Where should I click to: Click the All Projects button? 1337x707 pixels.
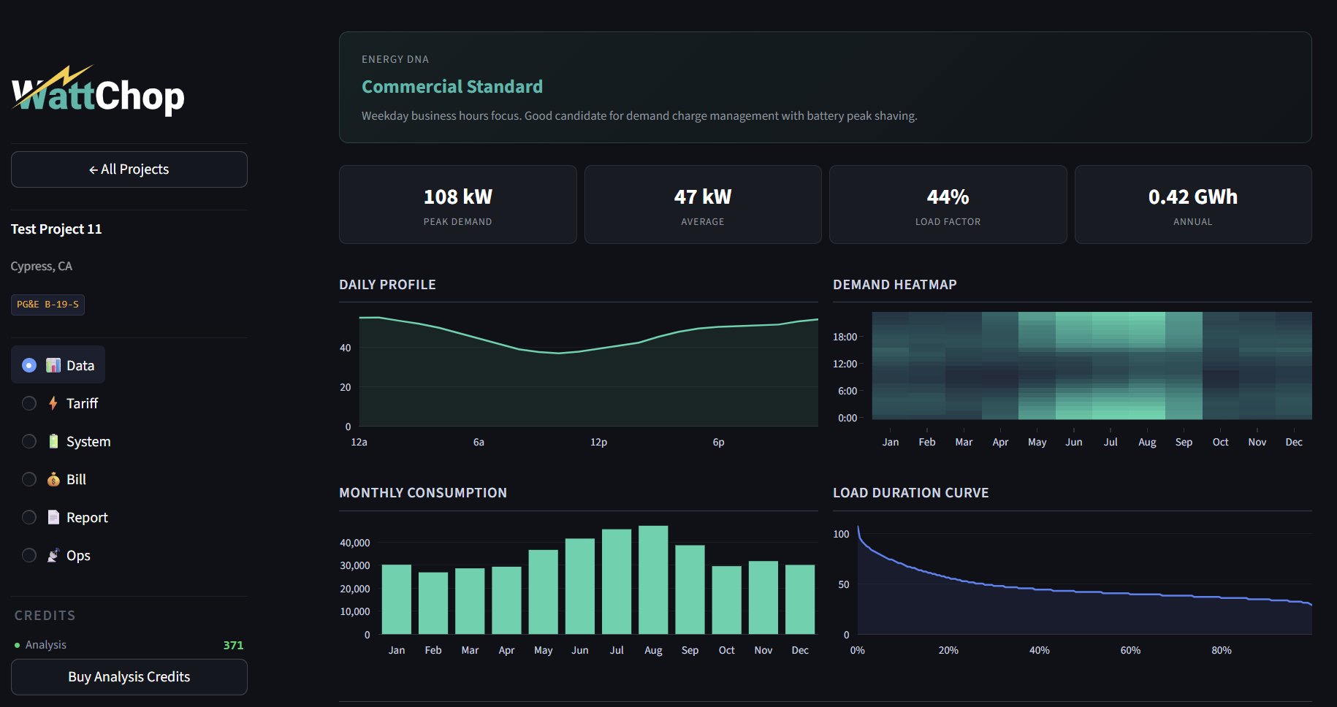[129, 169]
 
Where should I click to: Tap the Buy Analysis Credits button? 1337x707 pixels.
[129, 677]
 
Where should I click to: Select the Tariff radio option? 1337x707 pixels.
[29, 403]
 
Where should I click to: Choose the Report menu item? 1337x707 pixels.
[87, 517]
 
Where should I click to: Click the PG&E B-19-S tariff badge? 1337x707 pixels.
[47, 305]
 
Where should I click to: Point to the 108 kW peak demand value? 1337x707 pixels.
[458, 196]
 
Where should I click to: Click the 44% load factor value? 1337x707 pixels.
[948, 196]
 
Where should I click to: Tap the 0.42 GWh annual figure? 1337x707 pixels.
[1192, 196]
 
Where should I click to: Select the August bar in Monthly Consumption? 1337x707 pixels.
[653, 580]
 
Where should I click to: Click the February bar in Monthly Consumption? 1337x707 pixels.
[433, 603]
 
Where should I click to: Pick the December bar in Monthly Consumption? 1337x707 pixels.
[800, 599]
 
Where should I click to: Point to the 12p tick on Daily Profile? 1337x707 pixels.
[598, 442]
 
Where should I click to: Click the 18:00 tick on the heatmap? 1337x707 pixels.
[845, 337]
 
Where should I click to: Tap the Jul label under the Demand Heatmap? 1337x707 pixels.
[1111, 442]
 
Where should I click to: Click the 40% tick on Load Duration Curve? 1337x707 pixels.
[1039, 650]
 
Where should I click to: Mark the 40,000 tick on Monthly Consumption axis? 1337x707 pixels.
[355, 543]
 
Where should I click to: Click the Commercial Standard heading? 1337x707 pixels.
[452, 87]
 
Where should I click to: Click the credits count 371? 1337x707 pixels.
[233, 645]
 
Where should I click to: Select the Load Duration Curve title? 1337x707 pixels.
[910, 493]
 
